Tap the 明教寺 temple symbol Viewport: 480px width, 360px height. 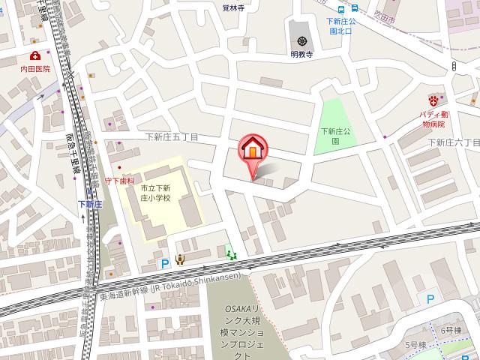tap(301, 40)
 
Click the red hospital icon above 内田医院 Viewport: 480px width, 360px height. tap(35, 56)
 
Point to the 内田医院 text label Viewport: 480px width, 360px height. tap(34, 68)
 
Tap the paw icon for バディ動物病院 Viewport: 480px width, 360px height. tap(433, 100)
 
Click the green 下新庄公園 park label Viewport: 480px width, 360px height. tap(331, 136)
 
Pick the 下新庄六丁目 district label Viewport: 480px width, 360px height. tap(453, 142)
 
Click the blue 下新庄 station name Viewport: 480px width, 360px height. tap(90, 203)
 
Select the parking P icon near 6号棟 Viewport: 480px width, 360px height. tap(430, 299)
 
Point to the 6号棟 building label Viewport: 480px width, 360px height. tap(451, 310)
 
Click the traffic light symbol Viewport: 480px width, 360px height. tap(454, 66)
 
